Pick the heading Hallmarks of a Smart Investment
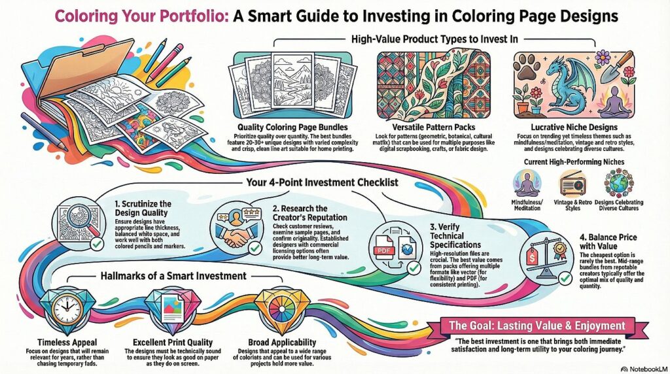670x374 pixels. tap(177, 275)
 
